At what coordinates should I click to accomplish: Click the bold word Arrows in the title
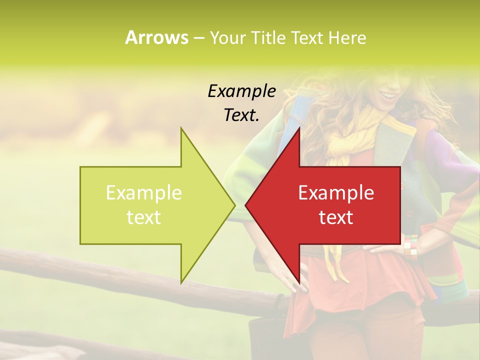point(156,37)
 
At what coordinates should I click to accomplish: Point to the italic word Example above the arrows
point(241,91)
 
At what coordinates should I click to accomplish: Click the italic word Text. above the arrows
point(241,115)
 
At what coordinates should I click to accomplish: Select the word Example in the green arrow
point(143,192)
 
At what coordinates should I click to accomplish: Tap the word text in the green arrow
point(143,217)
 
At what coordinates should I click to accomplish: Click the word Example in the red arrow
point(336,192)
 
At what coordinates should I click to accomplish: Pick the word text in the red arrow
point(336,217)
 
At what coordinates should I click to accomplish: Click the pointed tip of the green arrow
point(234,205)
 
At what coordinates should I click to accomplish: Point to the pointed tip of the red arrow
point(245,205)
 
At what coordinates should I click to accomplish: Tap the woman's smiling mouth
point(387,94)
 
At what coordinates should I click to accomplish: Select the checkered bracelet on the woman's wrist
point(410,245)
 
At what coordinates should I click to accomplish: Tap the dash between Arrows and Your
point(198,38)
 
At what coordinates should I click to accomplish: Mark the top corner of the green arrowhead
point(181,128)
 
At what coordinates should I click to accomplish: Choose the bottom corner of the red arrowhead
point(299,282)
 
